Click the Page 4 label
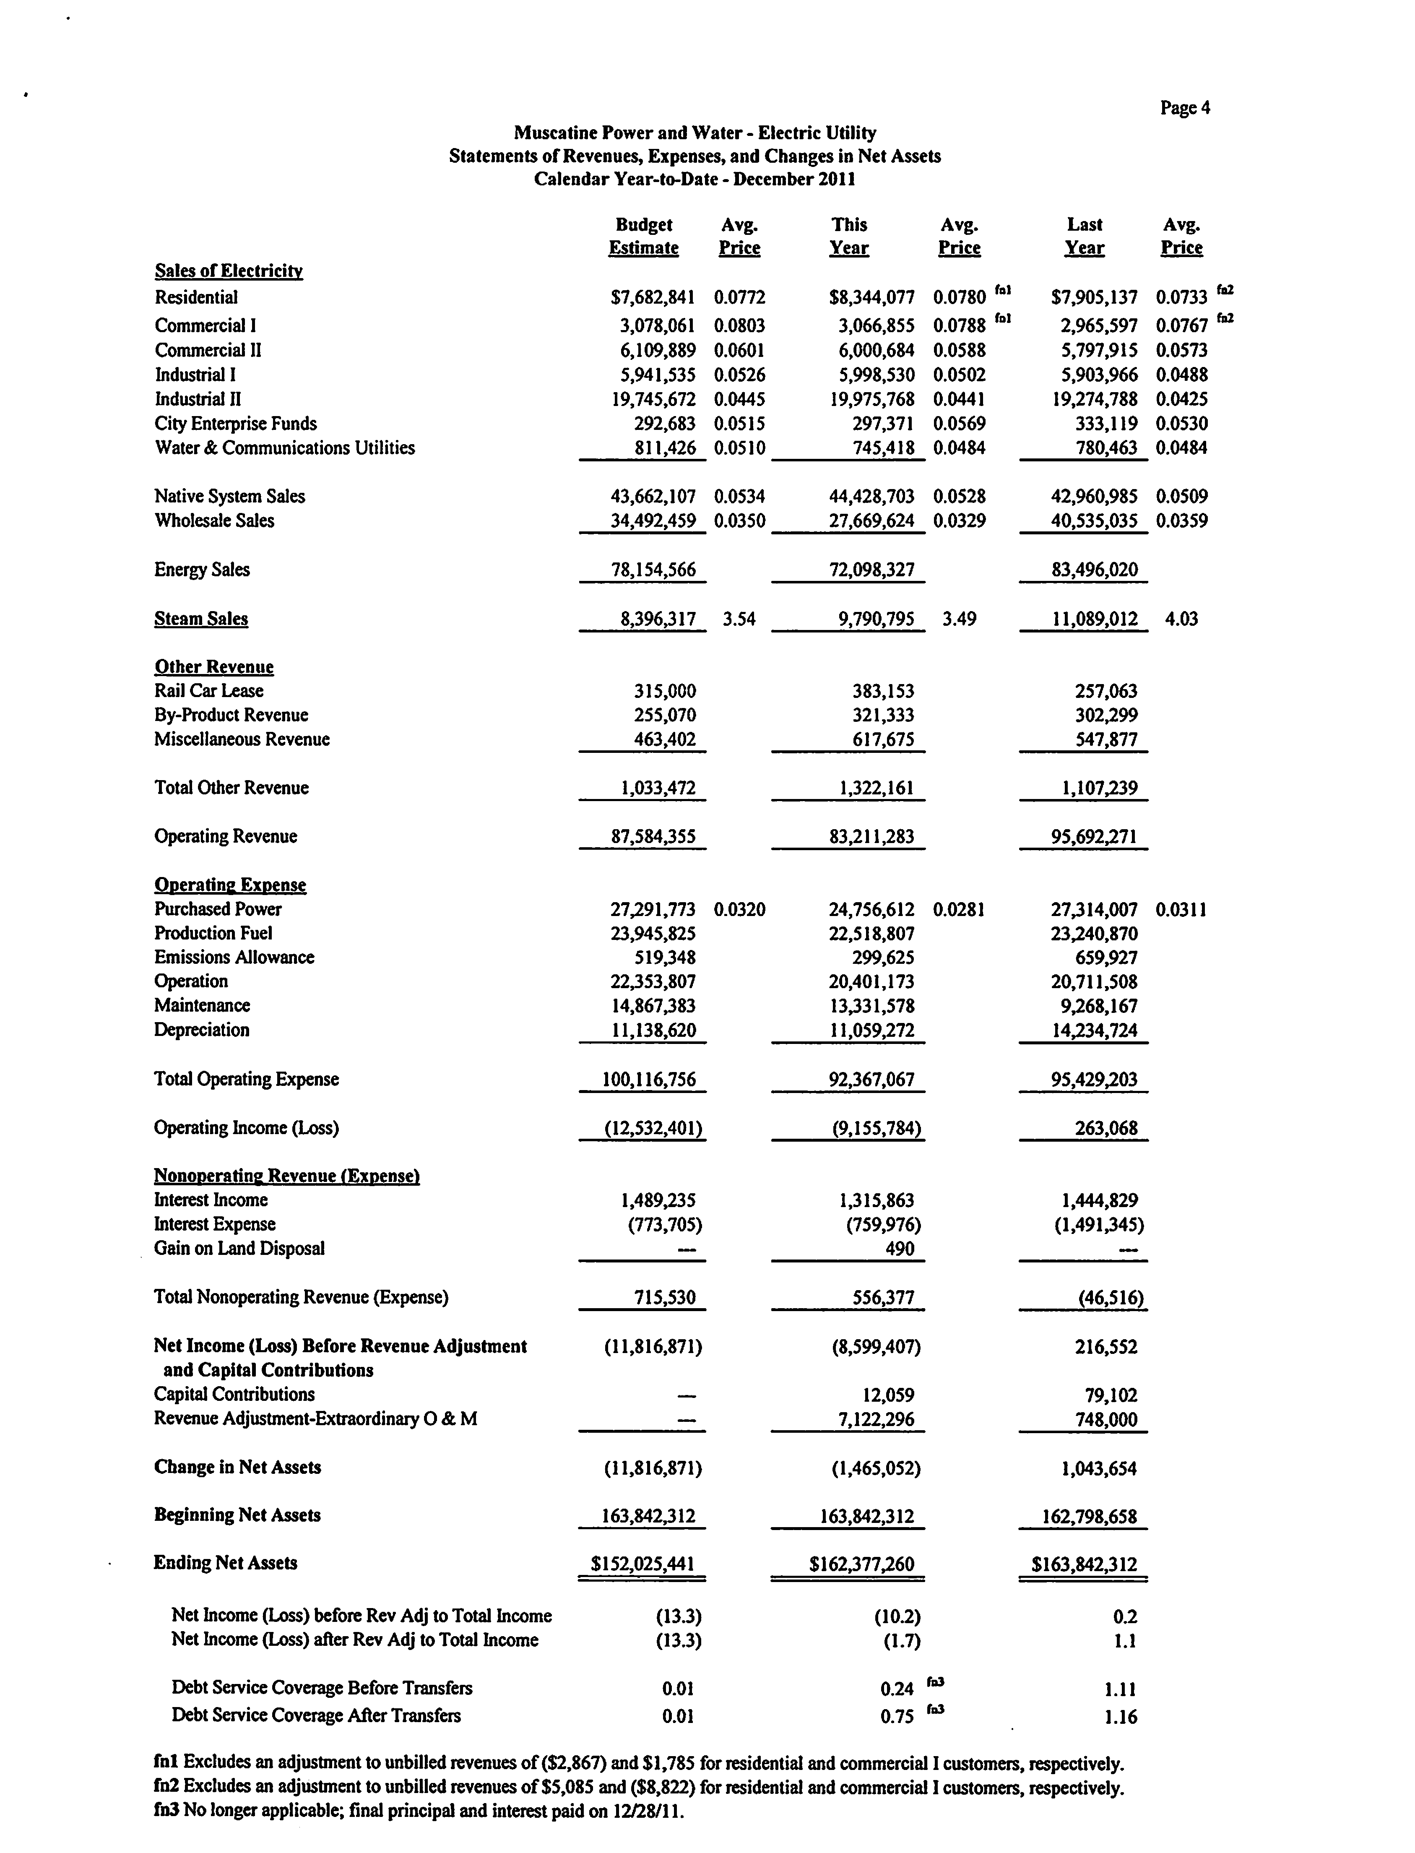[1184, 108]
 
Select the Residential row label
[196, 297]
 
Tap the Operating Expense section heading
[230, 885]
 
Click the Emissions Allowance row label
[234, 958]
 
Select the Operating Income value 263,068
[1106, 1129]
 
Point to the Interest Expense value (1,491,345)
[1098, 1225]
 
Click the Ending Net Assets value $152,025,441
[642, 1564]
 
